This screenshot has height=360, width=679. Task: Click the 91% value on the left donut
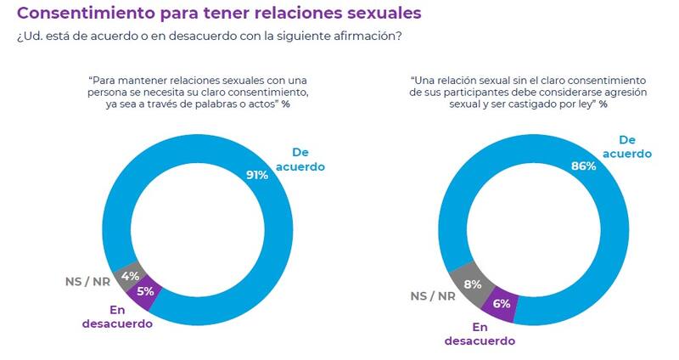tap(257, 175)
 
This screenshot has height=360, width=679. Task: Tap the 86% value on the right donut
tap(583, 166)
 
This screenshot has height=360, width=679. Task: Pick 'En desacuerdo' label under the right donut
tap(481, 333)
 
